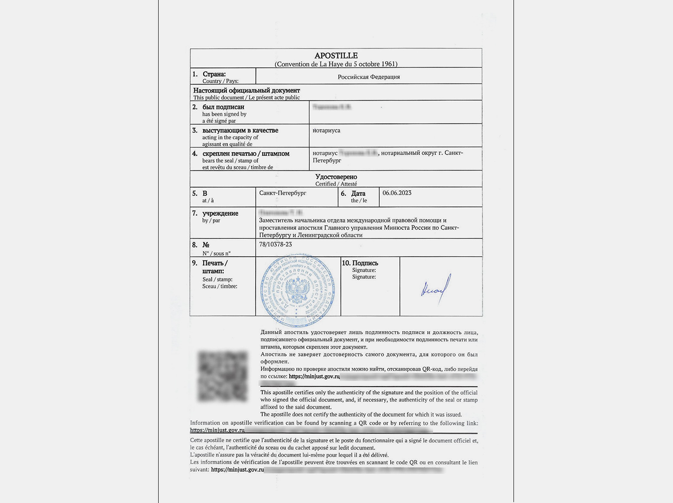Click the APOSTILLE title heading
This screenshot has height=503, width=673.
(x=336, y=56)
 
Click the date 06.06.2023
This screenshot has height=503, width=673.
(x=397, y=193)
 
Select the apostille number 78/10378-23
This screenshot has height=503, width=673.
(x=275, y=245)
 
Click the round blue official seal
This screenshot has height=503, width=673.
(x=298, y=290)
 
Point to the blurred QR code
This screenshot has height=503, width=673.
(x=223, y=376)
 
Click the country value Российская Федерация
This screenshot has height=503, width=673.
(x=368, y=77)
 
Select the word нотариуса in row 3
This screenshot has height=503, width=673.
(x=326, y=130)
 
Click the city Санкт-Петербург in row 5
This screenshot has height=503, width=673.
(x=283, y=193)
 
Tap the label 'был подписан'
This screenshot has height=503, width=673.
(x=223, y=107)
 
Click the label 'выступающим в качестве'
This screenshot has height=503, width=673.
(x=240, y=130)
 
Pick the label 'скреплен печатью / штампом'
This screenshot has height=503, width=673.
(x=246, y=154)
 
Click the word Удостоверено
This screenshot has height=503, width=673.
(x=336, y=177)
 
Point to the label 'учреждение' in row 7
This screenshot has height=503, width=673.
(x=220, y=213)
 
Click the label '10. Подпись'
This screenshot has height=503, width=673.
(x=360, y=263)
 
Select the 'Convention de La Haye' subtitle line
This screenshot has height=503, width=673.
(x=336, y=64)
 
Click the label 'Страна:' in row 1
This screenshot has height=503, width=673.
(x=214, y=74)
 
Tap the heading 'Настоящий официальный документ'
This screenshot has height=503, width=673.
(x=246, y=91)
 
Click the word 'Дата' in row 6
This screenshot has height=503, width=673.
(x=358, y=193)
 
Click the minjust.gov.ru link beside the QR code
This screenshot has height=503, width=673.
(x=314, y=376)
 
